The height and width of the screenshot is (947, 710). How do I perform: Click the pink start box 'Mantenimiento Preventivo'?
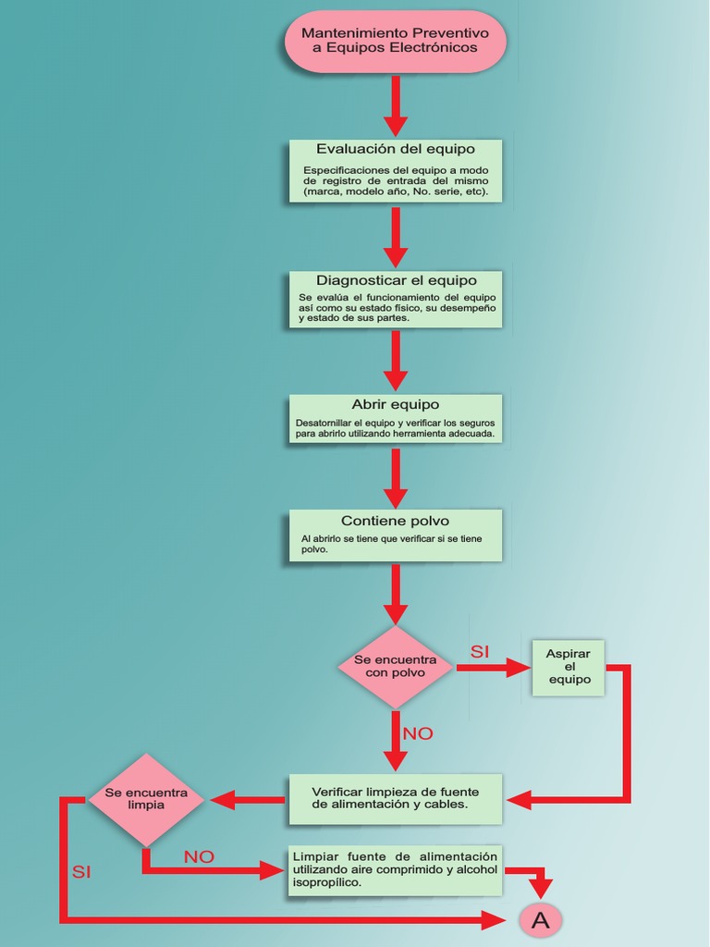(x=395, y=41)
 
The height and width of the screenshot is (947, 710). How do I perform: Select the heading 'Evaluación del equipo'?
(x=395, y=149)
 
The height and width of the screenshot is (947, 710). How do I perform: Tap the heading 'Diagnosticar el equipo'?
(x=396, y=280)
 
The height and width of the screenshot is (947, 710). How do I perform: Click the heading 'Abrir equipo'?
(x=395, y=404)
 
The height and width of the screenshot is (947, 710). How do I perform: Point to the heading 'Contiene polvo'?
(x=395, y=521)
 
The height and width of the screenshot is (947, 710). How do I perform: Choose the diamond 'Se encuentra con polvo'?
(x=395, y=667)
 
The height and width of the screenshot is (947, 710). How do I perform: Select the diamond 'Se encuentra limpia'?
(x=146, y=799)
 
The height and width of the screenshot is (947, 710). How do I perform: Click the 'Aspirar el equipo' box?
(x=569, y=667)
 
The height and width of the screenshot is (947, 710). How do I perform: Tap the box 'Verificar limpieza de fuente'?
(x=395, y=798)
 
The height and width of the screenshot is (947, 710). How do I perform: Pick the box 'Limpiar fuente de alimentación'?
(x=395, y=869)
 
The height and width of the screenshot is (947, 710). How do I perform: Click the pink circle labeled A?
(x=541, y=919)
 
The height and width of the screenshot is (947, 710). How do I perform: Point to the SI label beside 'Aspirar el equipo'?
(x=479, y=652)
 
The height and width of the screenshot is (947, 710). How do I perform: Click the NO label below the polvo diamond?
(x=417, y=733)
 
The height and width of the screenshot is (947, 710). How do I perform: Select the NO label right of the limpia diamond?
(x=199, y=857)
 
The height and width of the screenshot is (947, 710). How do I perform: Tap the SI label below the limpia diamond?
(x=81, y=872)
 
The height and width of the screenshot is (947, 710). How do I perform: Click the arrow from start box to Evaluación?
(x=395, y=105)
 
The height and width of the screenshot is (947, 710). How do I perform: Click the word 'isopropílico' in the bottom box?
(x=326, y=883)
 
